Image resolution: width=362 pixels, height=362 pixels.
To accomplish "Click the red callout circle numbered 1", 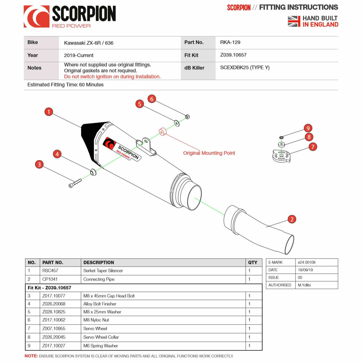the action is [x=49, y=112].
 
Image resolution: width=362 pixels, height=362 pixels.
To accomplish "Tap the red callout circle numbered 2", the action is [x=292, y=219].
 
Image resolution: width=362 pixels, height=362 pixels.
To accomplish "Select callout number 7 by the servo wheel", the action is [x=313, y=147].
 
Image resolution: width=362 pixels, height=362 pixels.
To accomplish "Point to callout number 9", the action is [x=308, y=128].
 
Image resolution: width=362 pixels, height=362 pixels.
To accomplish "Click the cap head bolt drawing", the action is [x=75, y=183].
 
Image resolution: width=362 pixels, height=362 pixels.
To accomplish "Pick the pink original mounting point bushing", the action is [x=162, y=131].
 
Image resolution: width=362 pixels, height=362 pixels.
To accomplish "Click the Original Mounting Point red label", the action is [x=209, y=153].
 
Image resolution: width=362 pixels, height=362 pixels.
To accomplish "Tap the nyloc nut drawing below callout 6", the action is [x=187, y=117].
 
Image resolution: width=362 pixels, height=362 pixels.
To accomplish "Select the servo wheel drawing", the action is [x=281, y=156].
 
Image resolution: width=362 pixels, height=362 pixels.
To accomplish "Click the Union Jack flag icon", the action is [x=294, y=21].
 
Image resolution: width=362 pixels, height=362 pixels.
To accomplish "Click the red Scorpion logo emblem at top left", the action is [x=36, y=17].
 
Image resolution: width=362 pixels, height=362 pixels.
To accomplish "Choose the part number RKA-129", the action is [x=230, y=43].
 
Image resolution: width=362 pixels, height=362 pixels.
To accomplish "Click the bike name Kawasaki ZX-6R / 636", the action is [x=89, y=43].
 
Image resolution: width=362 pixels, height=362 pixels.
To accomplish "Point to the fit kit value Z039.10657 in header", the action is [x=233, y=55].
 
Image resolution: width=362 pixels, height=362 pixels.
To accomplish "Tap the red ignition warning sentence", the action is [x=112, y=77].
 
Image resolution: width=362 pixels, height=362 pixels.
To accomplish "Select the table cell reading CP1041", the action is [x=50, y=279].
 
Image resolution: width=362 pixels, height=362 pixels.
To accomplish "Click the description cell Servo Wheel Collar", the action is [x=101, y=337].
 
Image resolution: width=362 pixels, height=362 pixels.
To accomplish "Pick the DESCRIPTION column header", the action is [x=99, y=263].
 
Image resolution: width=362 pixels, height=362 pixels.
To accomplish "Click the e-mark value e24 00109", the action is [x=306, y=262].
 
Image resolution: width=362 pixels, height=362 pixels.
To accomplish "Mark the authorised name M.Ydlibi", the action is [x=304, y=285].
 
